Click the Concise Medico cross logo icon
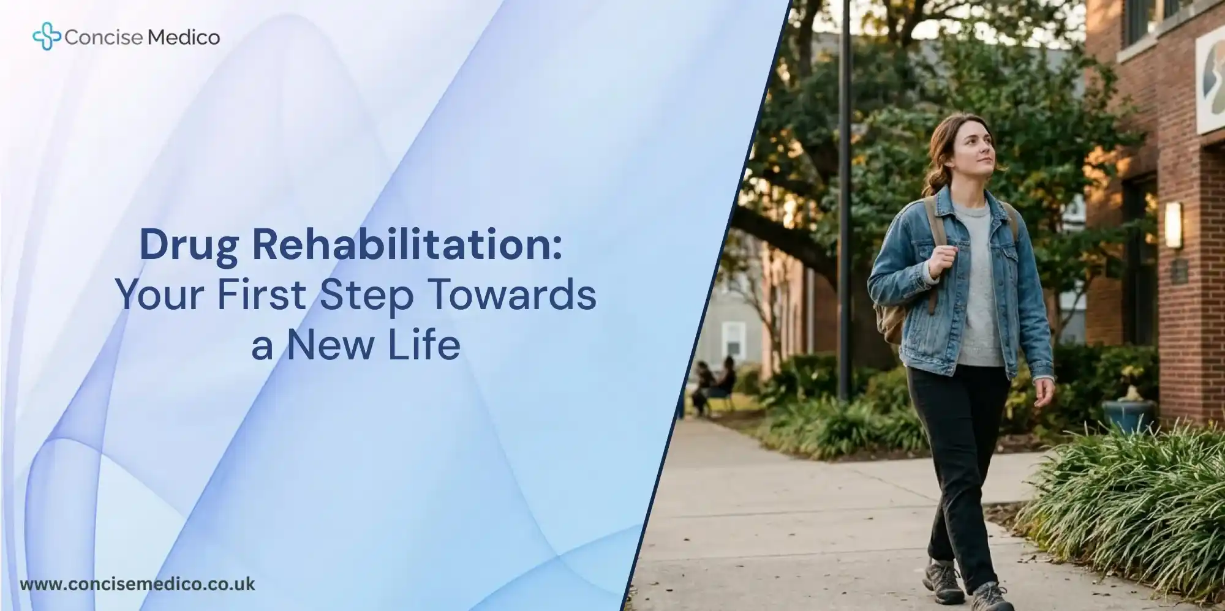point(46,36)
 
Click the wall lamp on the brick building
point(1173,225)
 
